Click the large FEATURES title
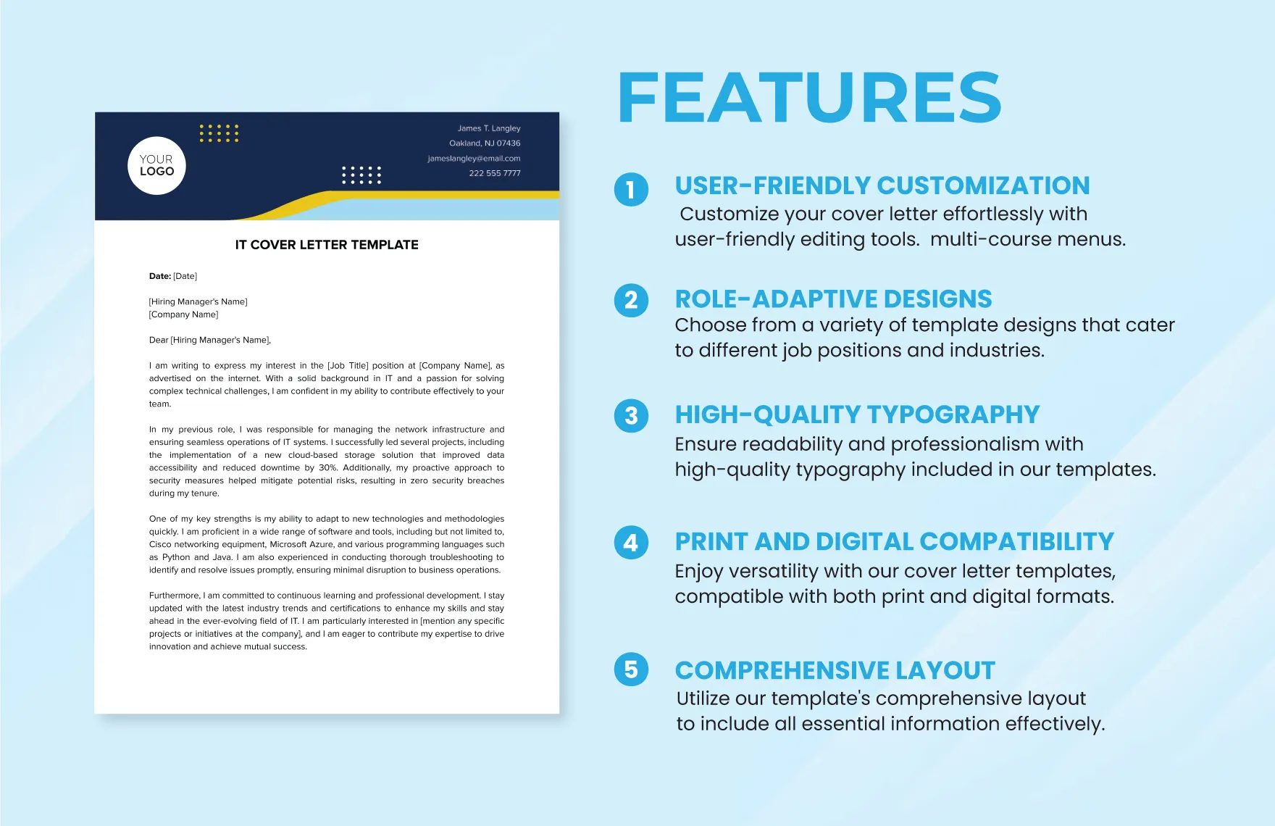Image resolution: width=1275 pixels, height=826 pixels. click(809, 98)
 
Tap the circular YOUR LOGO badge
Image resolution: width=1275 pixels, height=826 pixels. click(156, 166)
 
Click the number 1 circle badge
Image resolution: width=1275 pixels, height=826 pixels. click(631, 189)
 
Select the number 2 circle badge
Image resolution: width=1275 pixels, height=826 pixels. click(631, 300)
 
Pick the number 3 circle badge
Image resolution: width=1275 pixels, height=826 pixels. click(631, 415)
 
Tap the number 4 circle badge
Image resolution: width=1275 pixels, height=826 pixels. click(631, 543)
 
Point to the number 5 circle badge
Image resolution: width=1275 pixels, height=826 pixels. click(631, 669)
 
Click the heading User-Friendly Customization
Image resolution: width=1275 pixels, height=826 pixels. click(882, 185)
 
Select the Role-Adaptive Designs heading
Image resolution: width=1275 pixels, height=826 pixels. click(833, 299)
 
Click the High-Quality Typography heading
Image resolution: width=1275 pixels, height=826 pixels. click(857, 414)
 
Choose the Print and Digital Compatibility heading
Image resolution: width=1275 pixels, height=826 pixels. click(895, 541)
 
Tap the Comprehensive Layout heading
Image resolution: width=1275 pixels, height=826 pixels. click(835, 670)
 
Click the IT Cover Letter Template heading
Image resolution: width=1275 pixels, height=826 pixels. click(327, 245)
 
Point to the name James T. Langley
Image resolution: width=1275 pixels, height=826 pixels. click(489, 128)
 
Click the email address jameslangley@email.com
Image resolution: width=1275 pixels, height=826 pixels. click(474, 158)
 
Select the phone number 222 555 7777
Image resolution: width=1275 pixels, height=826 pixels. click(495, 173)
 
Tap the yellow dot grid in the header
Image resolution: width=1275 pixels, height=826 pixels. click(219, 133)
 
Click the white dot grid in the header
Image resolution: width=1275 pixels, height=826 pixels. click(361, 175)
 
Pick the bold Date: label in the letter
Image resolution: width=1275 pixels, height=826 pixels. click(160, 276)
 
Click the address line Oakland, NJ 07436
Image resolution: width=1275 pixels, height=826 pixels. click(485, 143)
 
